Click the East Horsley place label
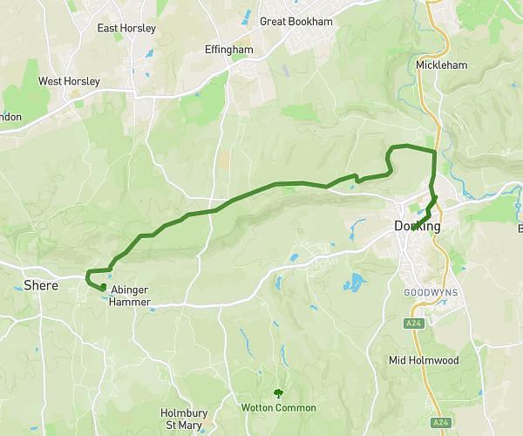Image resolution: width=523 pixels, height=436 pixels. pyautogui.click(x=126, y=28)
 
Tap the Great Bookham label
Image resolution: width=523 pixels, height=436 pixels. pyautogui.click(x=296, y=21)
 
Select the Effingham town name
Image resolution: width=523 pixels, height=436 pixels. pyautogui.click(x=228, y=50)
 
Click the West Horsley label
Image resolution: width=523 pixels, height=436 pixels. pyautogui.click(x=69, y=81)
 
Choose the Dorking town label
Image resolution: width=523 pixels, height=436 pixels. pyautogui.click(x=417, y=227)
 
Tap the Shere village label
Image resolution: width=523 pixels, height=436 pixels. pyautogui.click(x=41, y=285)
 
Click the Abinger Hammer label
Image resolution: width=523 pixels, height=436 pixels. pyautogui.click(x=131, y=296)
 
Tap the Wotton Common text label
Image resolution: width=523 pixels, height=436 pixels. pyautogui.click(x=278, y=407)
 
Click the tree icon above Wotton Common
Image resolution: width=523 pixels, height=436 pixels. pyautogui.click(x=278, y=393)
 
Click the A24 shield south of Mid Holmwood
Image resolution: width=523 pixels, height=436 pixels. pyautogui.click(x=442, y=423)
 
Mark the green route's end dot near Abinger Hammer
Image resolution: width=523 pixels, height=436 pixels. pyautogui.click(x=103, y=287)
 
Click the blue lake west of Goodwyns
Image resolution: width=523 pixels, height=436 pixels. pyautogui.click(x=354, y=282)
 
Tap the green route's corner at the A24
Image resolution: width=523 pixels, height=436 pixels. pyautogui.click(x=434, y=153)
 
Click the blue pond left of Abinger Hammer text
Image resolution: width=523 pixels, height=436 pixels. pyautogui.click(x=104, y=297)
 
